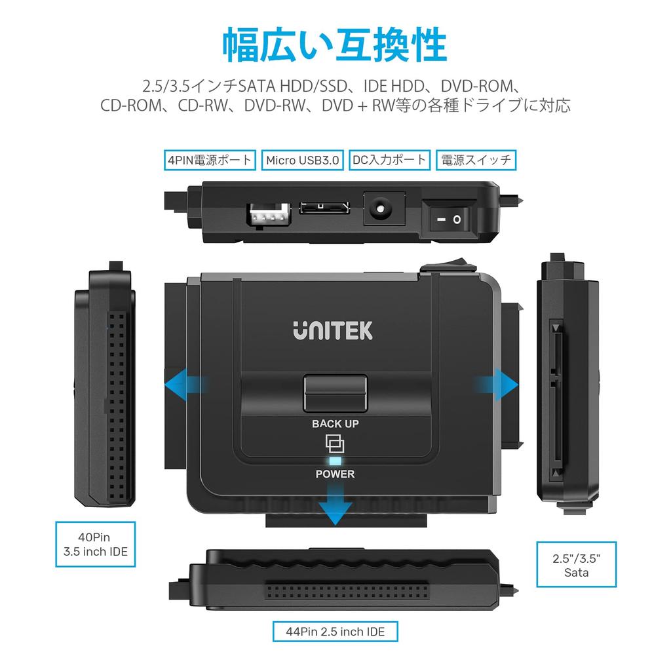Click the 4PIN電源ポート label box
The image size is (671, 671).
tap(209, 159)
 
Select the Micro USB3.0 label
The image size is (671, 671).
tap(303, 159)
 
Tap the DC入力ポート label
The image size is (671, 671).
tap(390, 159)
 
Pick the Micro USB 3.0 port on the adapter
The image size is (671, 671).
tap(324, 209)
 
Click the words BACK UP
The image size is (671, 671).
tap(335, 423)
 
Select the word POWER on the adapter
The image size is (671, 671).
tap(335, 474)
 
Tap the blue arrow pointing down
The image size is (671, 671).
tap(335, 507)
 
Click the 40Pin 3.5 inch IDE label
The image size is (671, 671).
tap(96, 545)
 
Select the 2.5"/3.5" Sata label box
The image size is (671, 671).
tap(577, 565)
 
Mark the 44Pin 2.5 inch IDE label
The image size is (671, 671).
tap(335, 632)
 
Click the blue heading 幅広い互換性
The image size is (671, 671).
tap(335, 45)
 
